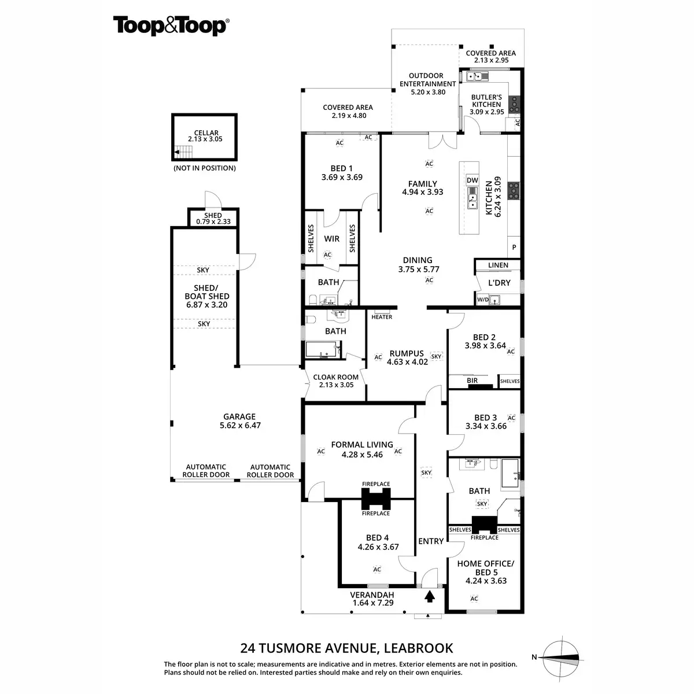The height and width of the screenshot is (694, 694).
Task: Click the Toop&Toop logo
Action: pyautogui.click(x=171, y=27)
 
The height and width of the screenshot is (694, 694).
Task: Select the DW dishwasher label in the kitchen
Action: pyautogui.click(x=472, y=180)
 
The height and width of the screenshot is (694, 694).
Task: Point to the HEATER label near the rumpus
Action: pyautogui.click(x=382, y=317)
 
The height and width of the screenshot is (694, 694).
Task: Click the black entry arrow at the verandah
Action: pyautogui.click(x=430, y=596)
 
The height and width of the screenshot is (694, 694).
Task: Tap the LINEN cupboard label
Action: pyautogui.click(x=498, y=265)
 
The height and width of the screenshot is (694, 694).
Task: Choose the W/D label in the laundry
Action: pyautogui.click(x=482, y=300)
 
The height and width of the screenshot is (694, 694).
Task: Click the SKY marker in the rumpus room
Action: pyautogui.click(x=436, y=356)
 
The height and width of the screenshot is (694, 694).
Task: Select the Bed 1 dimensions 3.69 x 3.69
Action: pyautogui.click(x=342, y=178)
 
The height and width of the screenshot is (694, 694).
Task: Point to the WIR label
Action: pyautogui.click(x=331, y=239)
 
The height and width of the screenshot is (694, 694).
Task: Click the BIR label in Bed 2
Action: pyautogui.click(x=472, y=381)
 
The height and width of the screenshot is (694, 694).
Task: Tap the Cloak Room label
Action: pyautogui.click(x=335, y=377)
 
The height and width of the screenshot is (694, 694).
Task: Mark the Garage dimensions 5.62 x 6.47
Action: pyautogui.click(x=239, y=425)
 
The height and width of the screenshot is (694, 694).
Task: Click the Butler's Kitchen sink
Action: pyautogui.click(x=478, y=76)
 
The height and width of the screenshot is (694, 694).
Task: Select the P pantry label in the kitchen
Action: pyautogui.click(x=514, y=248)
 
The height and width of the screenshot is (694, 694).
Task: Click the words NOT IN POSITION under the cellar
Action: pyautogui.click(x=205, y=168)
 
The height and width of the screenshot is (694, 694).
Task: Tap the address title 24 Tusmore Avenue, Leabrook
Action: pyautogui.click(x=346, y=648)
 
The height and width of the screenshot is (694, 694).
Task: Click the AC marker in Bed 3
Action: pyautogui.click(x=511, y=418)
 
